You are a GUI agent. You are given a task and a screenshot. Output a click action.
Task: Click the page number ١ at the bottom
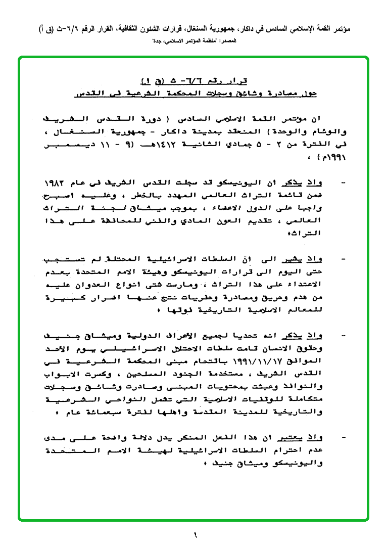click(x=195, y=534)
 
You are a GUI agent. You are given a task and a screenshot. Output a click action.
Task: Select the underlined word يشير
click(x=299, y=260)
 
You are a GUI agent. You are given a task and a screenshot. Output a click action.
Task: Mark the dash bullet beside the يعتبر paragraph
click(x=344, y=436)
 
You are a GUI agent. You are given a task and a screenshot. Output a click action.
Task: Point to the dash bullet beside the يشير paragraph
click(x=344, y=260)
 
